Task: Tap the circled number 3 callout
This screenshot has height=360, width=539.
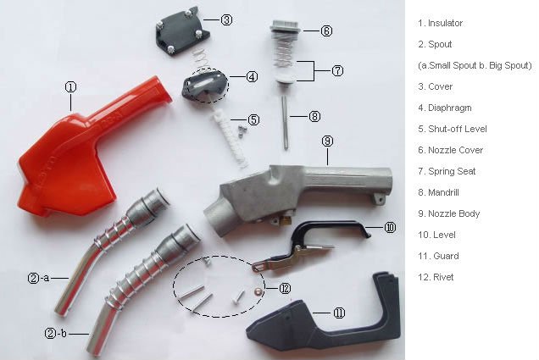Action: click(226, 20)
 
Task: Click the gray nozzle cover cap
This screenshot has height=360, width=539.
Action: click(285, 27)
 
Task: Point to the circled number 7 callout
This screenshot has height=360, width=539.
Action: click(337, 71)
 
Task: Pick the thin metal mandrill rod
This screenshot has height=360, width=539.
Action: click(285, 122)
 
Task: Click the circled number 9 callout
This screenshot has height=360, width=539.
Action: click(328, 141)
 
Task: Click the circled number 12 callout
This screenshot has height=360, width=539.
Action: click(285, 288)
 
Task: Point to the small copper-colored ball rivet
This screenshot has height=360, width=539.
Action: click(257, 291)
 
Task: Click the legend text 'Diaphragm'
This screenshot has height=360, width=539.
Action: click(450, 108)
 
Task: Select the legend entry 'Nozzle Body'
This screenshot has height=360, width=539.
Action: click(453, 213)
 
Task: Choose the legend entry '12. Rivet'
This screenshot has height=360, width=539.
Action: click(436, 277)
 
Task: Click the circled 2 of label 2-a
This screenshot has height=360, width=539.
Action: click(34, 278)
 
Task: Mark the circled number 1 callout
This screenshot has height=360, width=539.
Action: click(70, 87)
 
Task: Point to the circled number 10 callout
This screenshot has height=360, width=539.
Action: click(390, 227)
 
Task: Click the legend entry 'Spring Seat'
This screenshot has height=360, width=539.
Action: click(452, 171)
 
